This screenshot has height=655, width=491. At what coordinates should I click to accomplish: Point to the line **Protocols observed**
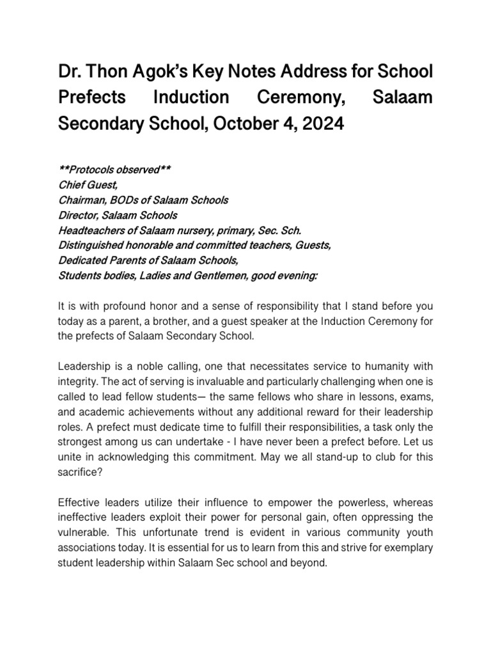[x=114, y=170]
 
